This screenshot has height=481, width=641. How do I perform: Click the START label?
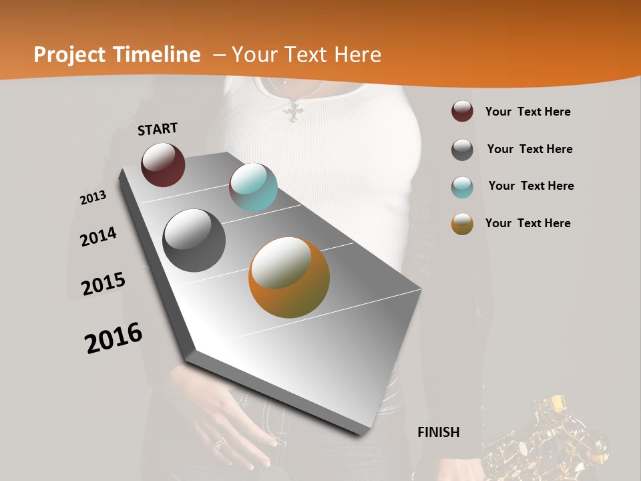tap(158, 129)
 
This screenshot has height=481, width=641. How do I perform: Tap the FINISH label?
tap(439, 432)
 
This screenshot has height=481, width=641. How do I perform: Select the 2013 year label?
tap(93, 198)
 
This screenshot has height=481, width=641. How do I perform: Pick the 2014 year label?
tap(98, 236)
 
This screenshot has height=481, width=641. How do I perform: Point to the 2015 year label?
tap(103, 283)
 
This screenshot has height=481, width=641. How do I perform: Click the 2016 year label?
tap(114, 337)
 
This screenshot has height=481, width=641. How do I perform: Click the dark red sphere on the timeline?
tap(163, 164)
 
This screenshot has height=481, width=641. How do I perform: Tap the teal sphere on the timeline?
tap(253, 186)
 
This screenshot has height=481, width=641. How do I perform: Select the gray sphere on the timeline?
tap(194, 240)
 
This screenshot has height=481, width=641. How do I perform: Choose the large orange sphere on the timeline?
tap(289, 277)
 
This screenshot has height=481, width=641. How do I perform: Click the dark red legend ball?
tap(462, 112)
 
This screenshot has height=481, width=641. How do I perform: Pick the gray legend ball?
tap(462, 150)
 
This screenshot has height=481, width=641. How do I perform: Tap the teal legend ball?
tap(462, 186)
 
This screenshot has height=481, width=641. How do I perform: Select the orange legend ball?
tap(462, 224)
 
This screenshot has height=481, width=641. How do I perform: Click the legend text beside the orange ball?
tap(527, 223)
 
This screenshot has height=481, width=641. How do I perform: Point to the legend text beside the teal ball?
tap(531, 186)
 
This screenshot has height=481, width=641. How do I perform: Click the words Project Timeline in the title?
tap(117, 55)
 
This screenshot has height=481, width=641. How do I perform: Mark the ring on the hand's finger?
tap(220, 442)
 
